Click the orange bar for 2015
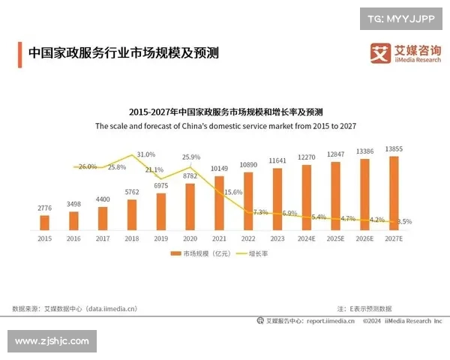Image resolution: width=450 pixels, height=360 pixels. coord(44,222)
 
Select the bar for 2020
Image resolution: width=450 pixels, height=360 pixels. coord(190,206)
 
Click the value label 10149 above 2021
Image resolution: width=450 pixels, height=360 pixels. coord(219,168)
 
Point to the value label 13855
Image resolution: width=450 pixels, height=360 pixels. coord(394,150)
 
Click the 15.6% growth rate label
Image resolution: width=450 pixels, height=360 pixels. coord(233,193)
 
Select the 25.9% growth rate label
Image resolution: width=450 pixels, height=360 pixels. coord(191,157)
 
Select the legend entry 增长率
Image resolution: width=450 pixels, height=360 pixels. coord(256,254)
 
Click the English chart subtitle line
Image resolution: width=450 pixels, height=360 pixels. coord(224,127)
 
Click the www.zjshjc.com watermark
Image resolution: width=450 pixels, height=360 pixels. coord(52,341)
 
